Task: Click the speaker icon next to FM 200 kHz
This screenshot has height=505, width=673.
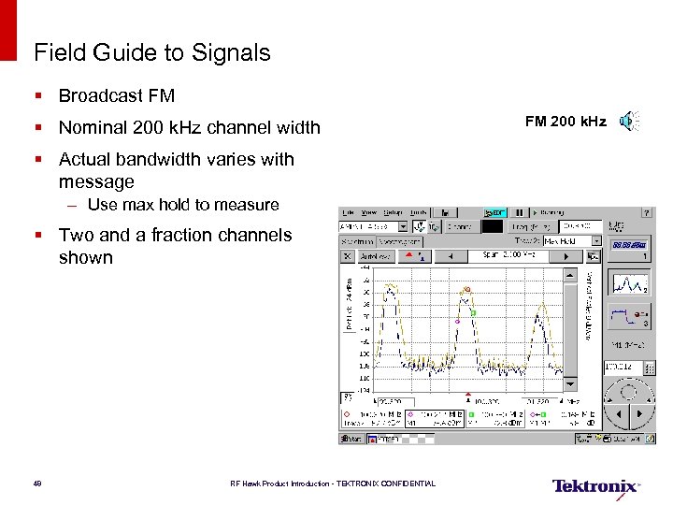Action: [x=629, y=121]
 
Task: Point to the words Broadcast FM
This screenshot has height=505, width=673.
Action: [x=116, y=95]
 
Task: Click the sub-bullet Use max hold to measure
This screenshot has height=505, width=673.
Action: [x=183, y=205]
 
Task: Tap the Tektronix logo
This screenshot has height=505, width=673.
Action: [x=595, y=485]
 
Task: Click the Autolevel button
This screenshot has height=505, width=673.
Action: [x=378, y=255]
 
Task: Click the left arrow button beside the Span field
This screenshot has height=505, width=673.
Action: [x=451, y=255]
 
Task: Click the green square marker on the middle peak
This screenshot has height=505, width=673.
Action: [x=474, y=313]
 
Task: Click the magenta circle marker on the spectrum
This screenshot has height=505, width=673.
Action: [x=457, y=321]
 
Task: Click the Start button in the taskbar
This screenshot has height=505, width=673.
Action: [x=353, y=438]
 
